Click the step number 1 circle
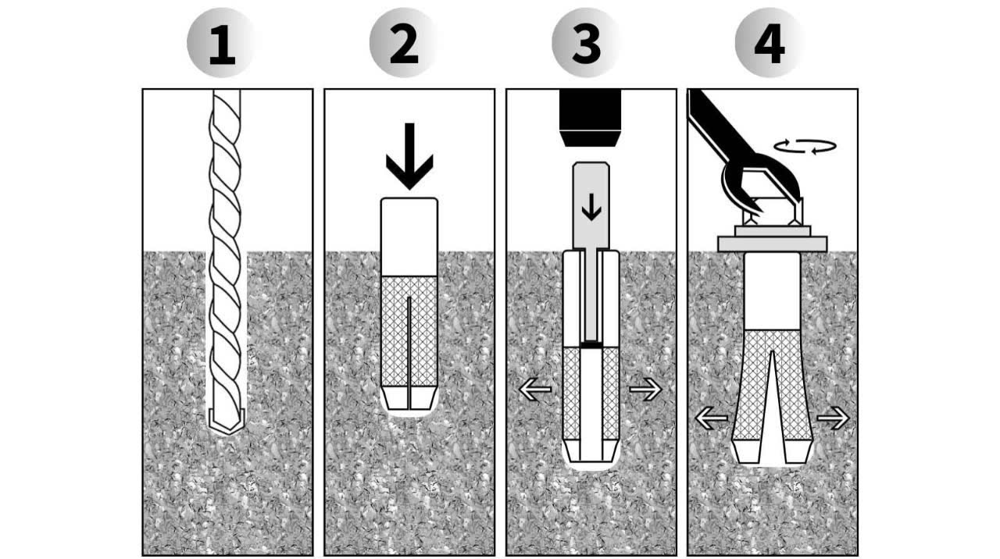(x=221, y=43)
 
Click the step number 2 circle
(x=404, y=43)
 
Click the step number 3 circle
(x=586, y=43)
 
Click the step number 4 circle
(x=769, y=43)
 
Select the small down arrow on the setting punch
(x=591, y=206)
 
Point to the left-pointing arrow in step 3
(x=536, y=389)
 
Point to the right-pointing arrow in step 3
(x=645, y=389)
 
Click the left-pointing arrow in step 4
(x=711, y=418)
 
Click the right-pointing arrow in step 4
(x=833, y=418)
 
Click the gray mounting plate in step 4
(x=772, y=244)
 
